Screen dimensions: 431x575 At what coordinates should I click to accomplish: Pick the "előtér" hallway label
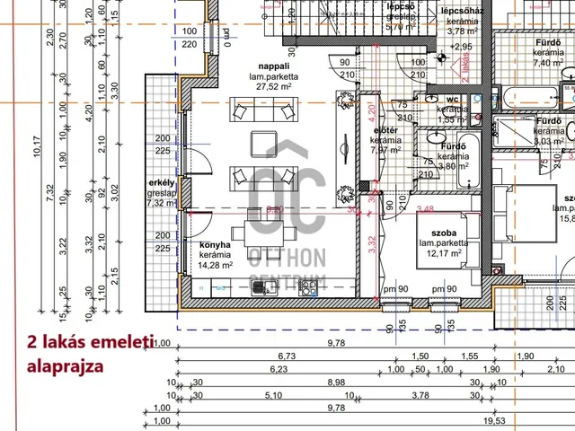click(386, 130)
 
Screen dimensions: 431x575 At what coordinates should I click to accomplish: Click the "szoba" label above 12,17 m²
click(432, 232)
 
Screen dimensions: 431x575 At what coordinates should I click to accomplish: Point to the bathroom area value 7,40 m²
click(548, 64)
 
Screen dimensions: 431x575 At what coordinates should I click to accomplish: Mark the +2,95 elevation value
click(461, 47)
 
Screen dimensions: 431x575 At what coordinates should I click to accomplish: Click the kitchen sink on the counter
click(261, 287)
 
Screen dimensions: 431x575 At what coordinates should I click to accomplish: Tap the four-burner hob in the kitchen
click(307, 288)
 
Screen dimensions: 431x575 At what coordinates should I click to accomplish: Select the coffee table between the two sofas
click(266, 145)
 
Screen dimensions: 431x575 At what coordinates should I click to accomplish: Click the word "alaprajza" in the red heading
click(66, 366)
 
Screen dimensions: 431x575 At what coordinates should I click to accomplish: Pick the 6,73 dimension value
click(287, 356)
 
